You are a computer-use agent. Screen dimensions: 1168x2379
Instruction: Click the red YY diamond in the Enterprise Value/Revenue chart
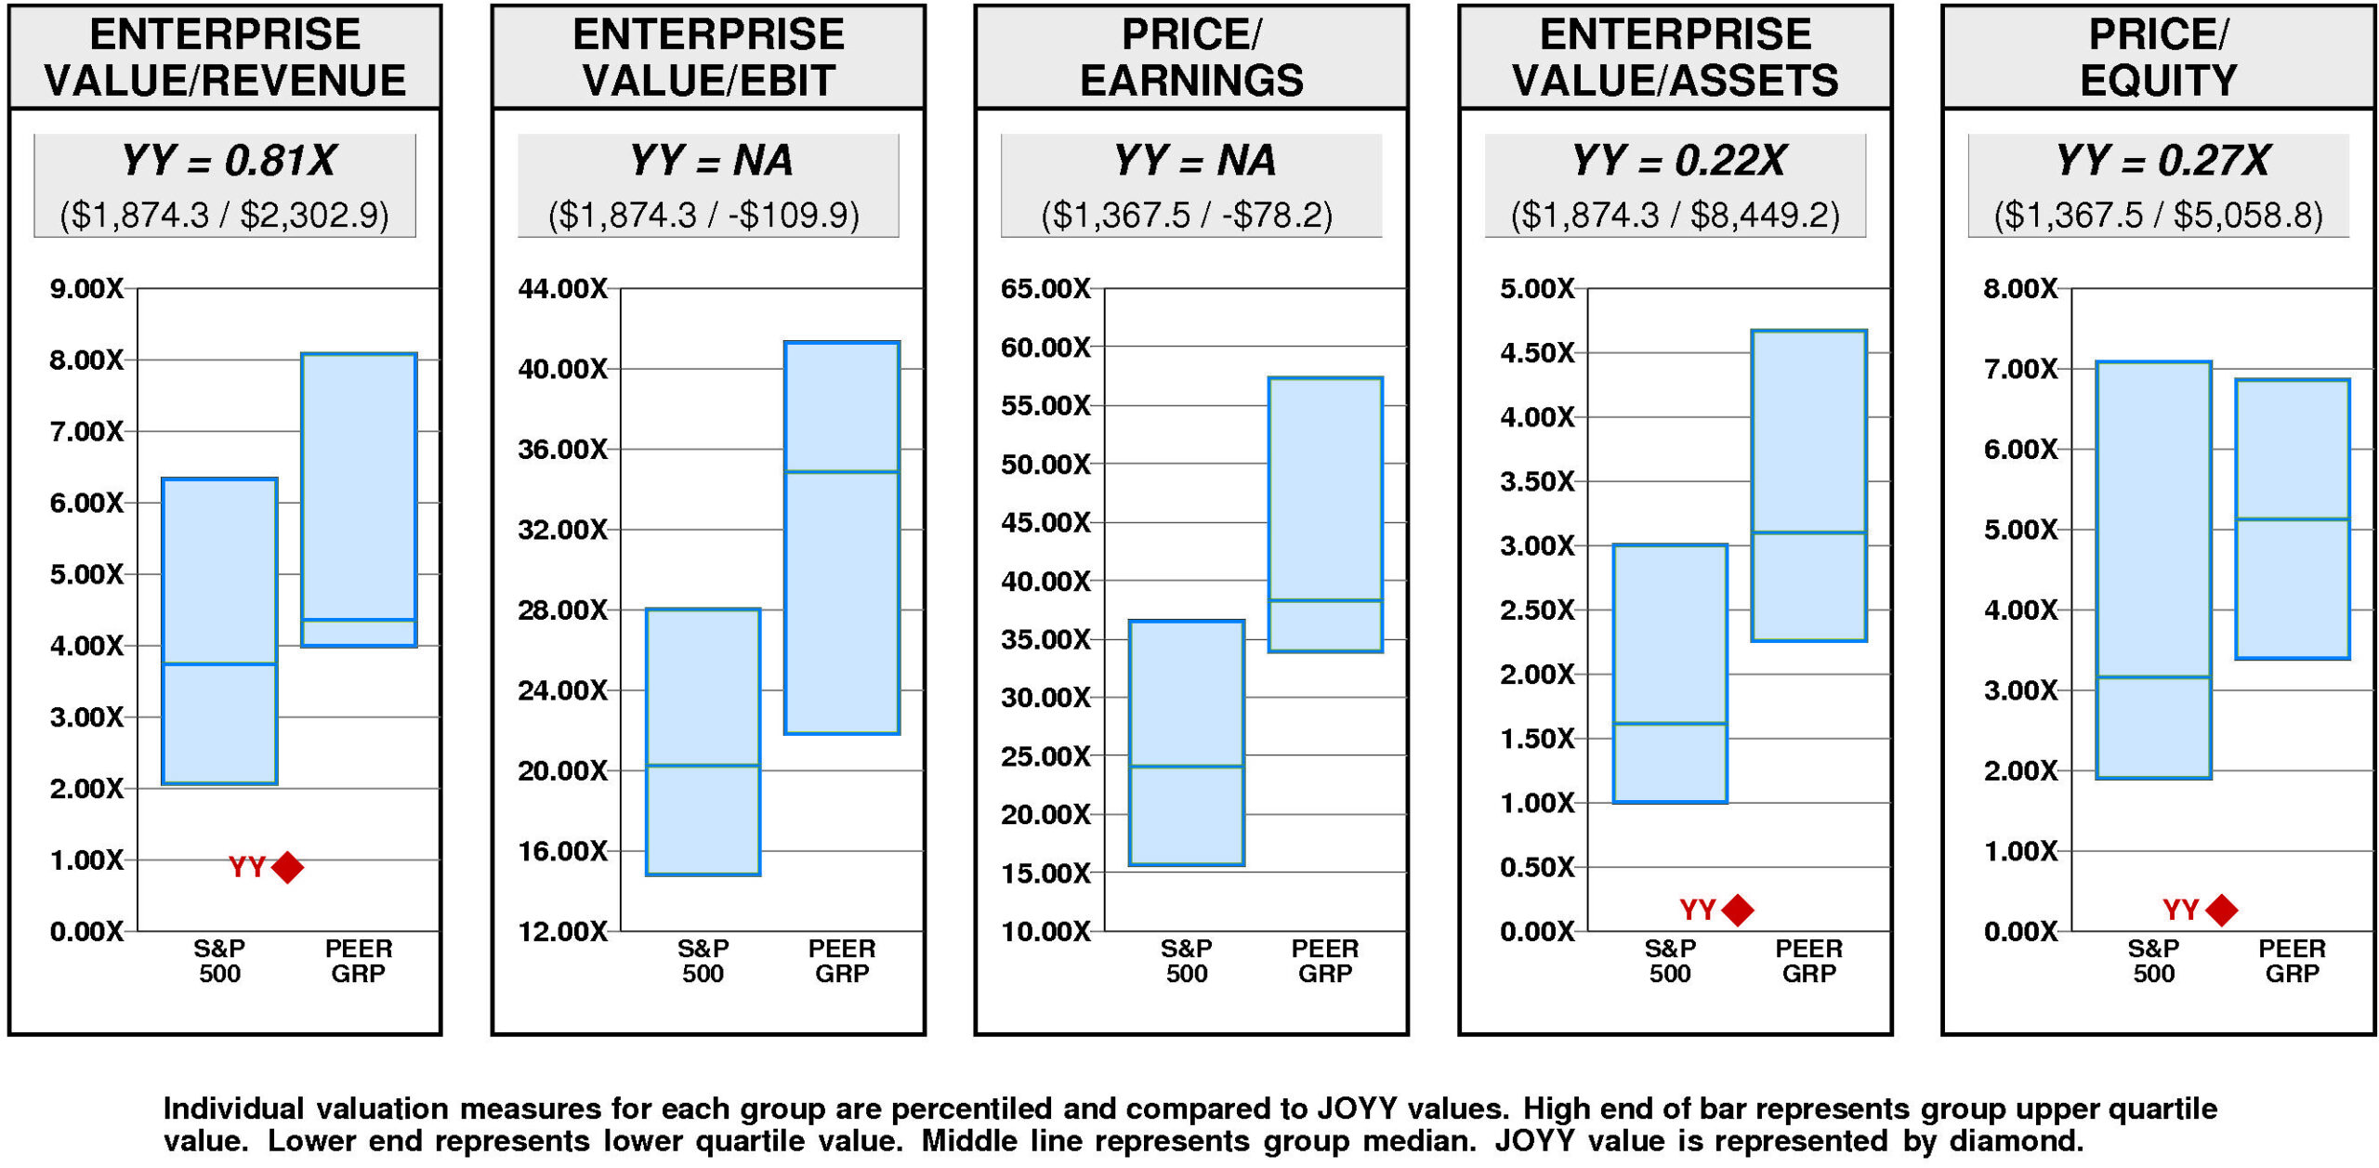tap(288, 867)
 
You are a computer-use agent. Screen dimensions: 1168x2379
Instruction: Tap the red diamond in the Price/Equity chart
tap(2222, 910)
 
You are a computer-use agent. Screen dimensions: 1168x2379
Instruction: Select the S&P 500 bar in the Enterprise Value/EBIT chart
tap(703, 741)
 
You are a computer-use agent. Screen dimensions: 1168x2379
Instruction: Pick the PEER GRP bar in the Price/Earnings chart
tap(1325, 514)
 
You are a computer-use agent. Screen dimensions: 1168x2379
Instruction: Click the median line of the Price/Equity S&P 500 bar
tap(2153, 676)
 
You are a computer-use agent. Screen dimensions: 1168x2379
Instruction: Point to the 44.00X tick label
tap(562, 289)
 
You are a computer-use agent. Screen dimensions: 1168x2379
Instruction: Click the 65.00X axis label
tap(1045, 289)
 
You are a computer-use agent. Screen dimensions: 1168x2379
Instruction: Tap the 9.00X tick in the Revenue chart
tap(86, 289)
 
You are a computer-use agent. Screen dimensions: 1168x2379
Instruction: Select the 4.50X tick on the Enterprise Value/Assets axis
tap(1537, 353)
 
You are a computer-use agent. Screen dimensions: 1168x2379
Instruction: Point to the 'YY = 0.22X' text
tap(1677, 161)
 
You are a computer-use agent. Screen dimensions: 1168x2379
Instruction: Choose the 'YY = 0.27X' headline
tap(2162, 161)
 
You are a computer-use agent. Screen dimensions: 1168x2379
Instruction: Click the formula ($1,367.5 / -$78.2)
tap(1187, 216)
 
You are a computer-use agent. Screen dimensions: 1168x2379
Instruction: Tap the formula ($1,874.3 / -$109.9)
tap(703, 216)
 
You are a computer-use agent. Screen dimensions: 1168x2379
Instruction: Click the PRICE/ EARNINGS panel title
tap(1191, 58)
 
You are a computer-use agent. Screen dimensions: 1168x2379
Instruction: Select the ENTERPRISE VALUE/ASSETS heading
tap(1675, 58)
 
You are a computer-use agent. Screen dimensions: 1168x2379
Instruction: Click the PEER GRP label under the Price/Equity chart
tap(2292, 961)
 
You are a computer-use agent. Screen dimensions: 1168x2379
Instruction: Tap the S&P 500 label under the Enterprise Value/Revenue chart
tap(219, 961)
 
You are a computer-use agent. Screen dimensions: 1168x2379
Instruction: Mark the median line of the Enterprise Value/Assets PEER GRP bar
tap(1808, 532)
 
